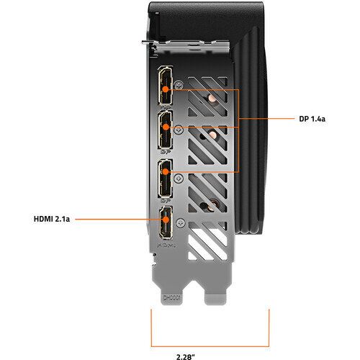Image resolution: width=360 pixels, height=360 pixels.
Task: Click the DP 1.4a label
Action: [x=312, y=119]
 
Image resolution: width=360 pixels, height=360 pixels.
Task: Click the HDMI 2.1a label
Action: [x=52, y=219]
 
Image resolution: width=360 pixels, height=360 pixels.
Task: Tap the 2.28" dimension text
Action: [x=186, y=357]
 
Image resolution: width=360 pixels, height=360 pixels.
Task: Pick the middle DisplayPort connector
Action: [x=166, y=130]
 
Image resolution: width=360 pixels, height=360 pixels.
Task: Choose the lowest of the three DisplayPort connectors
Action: [x=166, y=178]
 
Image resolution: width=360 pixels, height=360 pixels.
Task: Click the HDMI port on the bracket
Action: [x=166, y=222]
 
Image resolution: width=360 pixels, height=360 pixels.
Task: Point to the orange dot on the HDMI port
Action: [x=166, y=220]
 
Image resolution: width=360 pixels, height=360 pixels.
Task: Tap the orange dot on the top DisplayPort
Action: [x=166, y=89]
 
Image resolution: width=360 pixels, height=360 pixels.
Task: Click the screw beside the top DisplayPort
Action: [x=179, y=85]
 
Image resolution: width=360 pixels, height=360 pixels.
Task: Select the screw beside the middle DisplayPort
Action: [x=179, y=130]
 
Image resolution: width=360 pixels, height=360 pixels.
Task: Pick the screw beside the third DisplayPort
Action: [x=179, y=179]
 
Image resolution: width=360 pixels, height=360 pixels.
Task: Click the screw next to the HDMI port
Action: [x=181, y=223]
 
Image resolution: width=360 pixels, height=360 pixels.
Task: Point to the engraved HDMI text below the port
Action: [x=166, y=245]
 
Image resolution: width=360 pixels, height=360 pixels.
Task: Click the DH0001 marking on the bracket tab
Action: [x=171, y=298]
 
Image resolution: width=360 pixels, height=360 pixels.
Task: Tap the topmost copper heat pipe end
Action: [x=212, y=98]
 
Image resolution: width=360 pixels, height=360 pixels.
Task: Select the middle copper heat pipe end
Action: [x=212, y=135]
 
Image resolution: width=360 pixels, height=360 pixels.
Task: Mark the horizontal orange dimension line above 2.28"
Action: [x=210, y=346]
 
